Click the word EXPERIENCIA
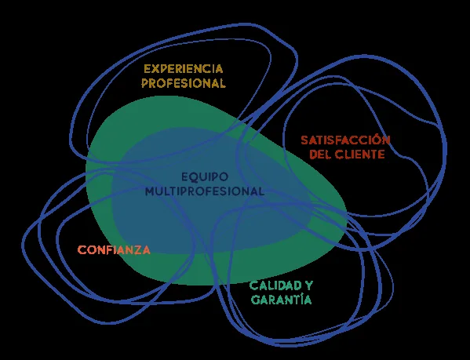coord(184,69)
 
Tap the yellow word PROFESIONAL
coord(184,83)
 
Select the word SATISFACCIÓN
coord(345,140)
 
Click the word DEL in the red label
coord(319,155)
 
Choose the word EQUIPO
coord(205,176)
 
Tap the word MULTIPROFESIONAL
coord(205,191)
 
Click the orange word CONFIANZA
coord(114,249)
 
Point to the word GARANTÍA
coord(281,299)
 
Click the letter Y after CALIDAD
coord(309,285)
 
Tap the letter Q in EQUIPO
coord(195,177)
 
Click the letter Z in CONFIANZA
coord(138,249)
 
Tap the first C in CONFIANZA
coord(82,249)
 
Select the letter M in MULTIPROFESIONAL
coord(151,191)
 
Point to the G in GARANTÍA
coord(255,300)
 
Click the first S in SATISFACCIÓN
coord(305,140)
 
